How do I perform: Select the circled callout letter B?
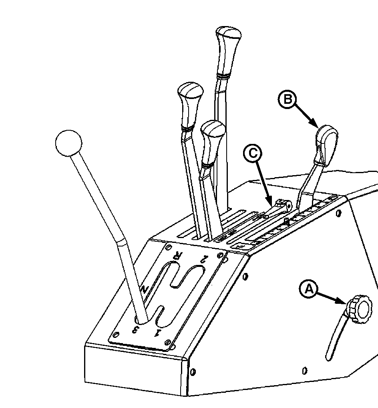coord(287,99)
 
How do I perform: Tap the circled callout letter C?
coord(252,153)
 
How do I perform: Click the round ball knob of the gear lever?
coord(68,143)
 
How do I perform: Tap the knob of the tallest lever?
coord(228,52)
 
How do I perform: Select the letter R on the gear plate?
coord(179,256)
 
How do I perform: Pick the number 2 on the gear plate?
coord(204,259)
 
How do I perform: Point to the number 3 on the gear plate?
coord(135,329)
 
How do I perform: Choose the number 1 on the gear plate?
coord(157,332)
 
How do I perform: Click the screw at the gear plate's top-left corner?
coord(169,246)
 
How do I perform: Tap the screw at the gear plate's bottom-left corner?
coord(117,334)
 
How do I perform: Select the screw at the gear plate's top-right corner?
coord(221,255)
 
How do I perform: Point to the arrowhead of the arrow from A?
coord(343,301)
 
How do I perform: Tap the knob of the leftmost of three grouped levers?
coord(190,106)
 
